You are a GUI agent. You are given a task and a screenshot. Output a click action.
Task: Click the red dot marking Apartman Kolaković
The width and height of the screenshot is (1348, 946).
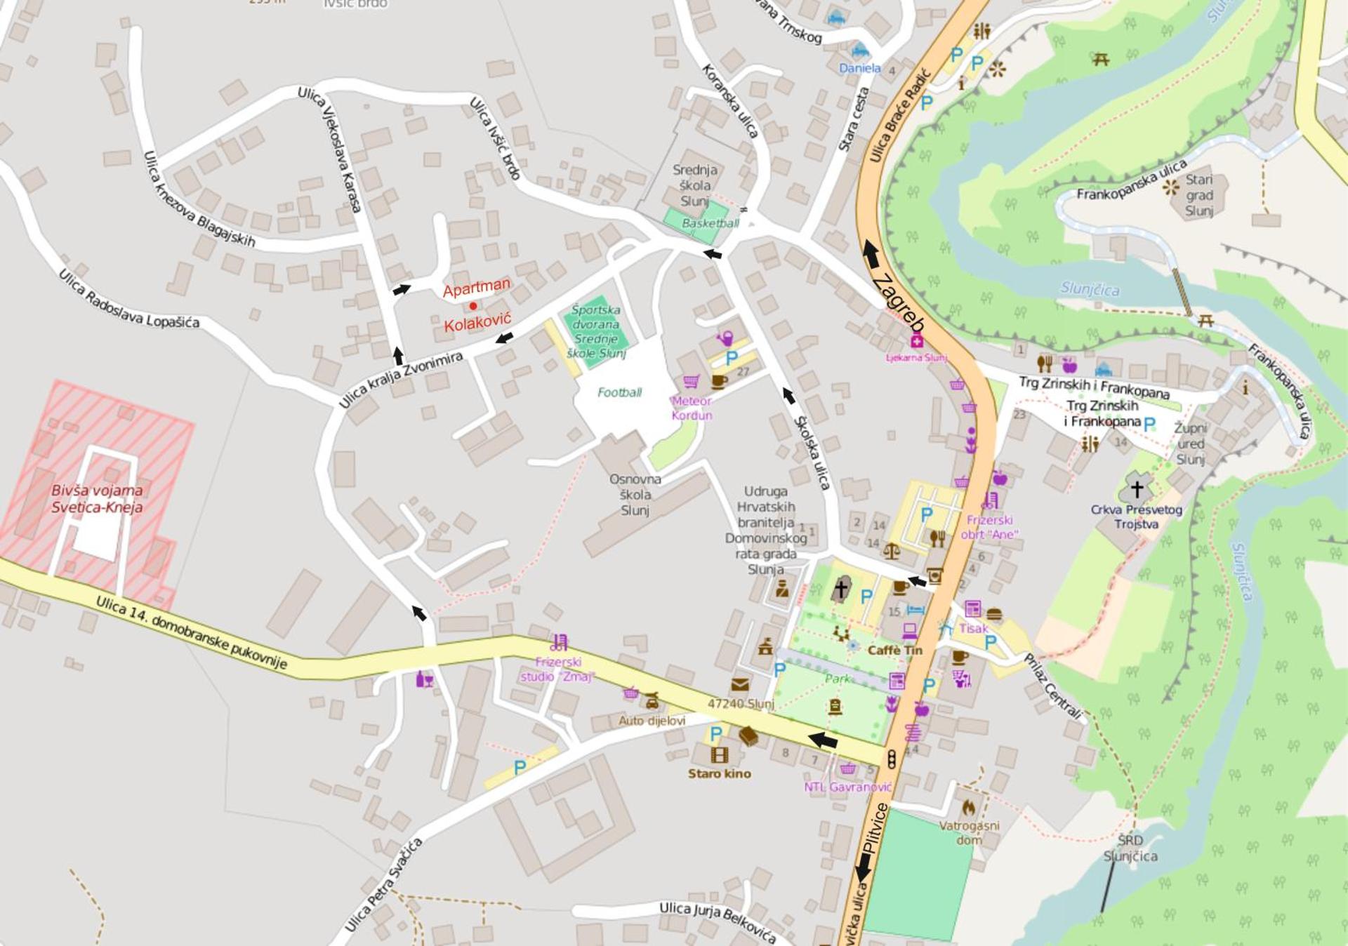pos(473,306)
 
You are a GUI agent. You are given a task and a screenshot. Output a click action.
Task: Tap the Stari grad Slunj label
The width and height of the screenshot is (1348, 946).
pos(1199,195)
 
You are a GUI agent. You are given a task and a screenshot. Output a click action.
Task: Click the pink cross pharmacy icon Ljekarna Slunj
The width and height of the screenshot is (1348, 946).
pos(916,342)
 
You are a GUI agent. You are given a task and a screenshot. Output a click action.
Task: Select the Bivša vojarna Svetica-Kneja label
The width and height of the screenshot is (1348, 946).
pos(97,499)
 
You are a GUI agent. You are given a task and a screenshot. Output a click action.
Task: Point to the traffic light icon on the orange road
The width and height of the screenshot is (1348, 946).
pos(892,759)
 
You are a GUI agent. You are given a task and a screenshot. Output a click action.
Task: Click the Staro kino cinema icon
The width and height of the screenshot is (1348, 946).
pos(720,755)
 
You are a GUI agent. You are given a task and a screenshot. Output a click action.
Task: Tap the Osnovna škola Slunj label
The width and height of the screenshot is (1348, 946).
pos(635,495)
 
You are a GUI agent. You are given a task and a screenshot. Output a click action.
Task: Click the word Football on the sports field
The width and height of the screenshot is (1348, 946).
pos(619,392)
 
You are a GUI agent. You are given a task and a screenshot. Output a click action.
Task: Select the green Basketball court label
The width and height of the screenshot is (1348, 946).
pos(710,223)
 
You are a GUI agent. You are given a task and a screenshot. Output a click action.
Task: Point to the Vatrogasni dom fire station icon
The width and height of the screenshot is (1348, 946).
pos(969,807)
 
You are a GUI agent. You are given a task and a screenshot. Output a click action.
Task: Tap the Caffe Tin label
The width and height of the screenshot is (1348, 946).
pos(894,651)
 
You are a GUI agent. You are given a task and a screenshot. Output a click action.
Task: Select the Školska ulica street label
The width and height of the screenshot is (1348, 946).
pos(812,453)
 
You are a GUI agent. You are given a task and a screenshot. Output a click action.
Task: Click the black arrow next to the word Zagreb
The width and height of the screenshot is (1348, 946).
pos(871,254)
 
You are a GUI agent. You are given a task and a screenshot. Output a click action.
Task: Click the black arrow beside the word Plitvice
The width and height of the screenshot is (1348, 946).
pos(864,868)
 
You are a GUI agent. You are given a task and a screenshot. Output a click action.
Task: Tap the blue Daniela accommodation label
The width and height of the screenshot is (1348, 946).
pos(860,68)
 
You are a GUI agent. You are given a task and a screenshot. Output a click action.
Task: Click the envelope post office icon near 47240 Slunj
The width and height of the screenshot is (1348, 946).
pos(740,684)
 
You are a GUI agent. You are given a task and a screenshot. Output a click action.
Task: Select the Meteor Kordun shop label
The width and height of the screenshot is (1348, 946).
pos(692,408)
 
